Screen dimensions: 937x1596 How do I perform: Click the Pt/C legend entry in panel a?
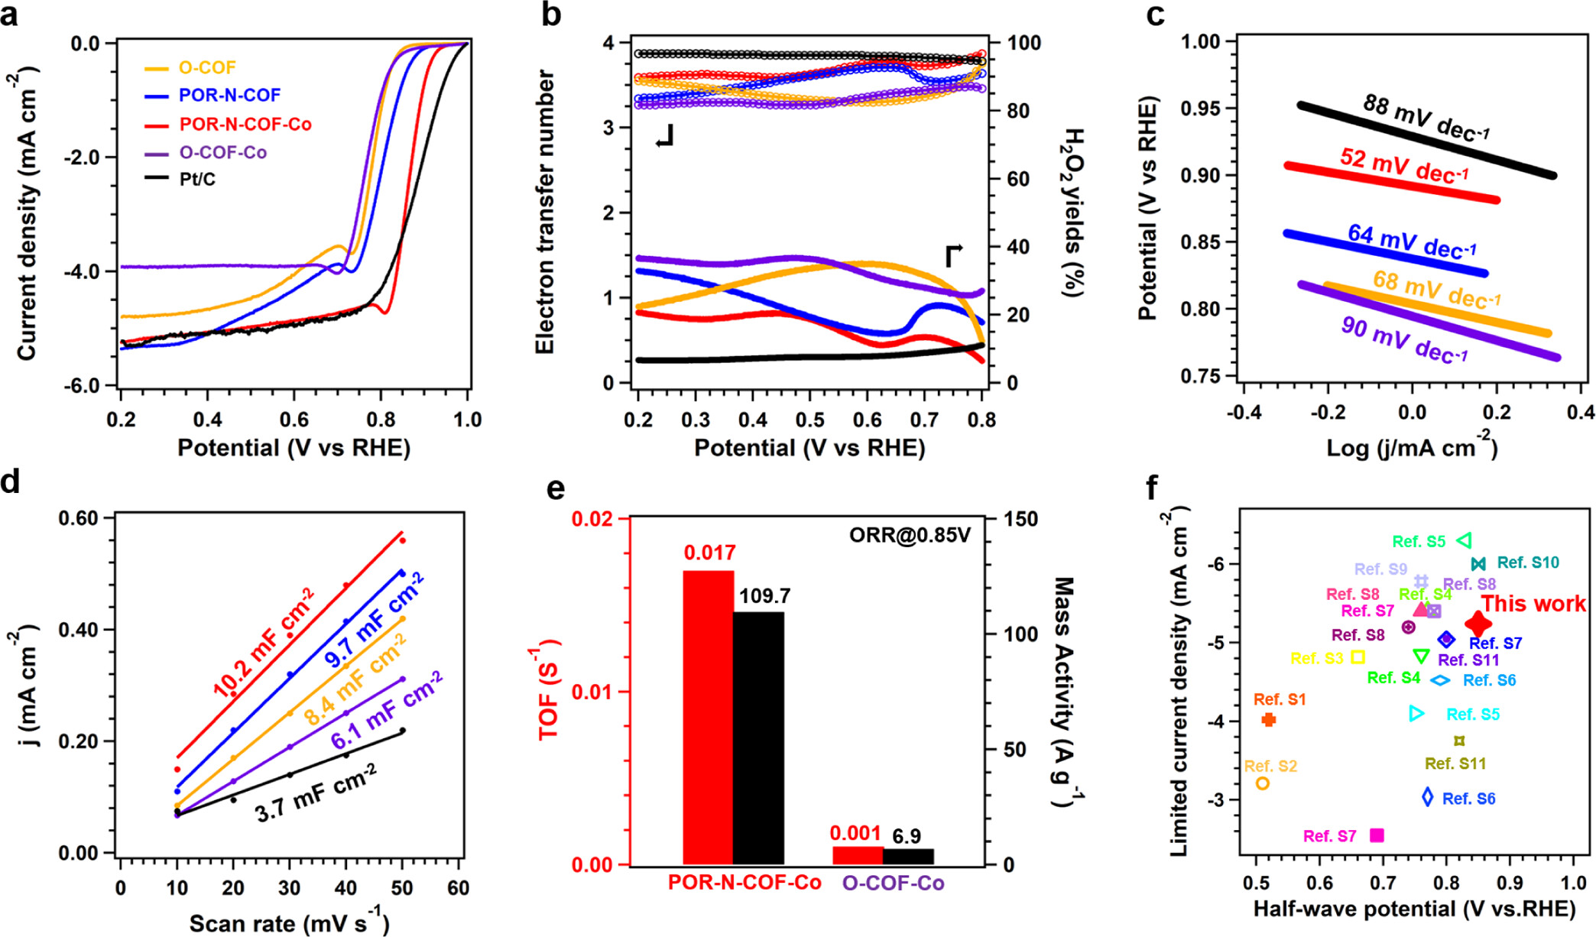point(197,180)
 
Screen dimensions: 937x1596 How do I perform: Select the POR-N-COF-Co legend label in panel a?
point(245,125)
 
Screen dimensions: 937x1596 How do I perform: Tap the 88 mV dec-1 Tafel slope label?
point(1426,118)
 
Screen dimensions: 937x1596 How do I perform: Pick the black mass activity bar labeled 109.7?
point(758,738)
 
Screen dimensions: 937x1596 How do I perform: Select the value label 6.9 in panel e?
point(906,836)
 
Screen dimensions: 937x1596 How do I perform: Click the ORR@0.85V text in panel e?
point(910,535)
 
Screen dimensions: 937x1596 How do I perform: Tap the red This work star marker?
point(1478,624)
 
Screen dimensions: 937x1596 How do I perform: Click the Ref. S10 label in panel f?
point(1527,563)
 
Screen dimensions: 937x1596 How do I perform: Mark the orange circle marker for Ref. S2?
point(1263,783)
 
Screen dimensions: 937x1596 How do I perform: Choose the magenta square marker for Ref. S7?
point(1377,835)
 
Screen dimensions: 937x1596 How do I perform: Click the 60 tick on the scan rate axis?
point(459,888)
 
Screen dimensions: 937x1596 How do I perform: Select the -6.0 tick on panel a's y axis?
point(84,386)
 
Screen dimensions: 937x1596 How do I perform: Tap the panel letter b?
point(551,15)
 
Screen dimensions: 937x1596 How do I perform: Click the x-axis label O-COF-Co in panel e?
point(893,884)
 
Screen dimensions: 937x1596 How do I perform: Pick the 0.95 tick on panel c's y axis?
point(1199,109)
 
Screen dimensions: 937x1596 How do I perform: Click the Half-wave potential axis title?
point(1414,909)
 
